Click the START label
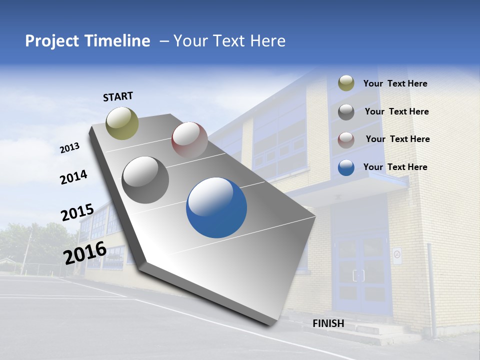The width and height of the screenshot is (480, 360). click(x=118, y=96)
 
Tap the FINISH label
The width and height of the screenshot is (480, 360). click(x=328, y=323)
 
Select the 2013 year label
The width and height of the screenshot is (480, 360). click(x=69, y=148)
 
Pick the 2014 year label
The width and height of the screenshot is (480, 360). click(x=73, y=177)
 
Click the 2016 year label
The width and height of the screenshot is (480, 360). click(x=85, y=252)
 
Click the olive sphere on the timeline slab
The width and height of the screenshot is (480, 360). click(x=122, y=123)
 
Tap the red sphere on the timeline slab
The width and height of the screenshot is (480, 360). click(x=189, y=140)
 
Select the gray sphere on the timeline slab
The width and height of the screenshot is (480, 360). click(x=145, y=180)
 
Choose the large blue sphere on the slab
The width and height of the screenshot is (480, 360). click(x=216, y=207)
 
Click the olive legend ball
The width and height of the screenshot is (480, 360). click(x=346, y=83)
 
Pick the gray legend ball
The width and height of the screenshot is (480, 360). click(x=346, y=112)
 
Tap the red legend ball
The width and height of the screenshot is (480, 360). click(x=346, y=139)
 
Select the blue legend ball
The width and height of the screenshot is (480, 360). click(x=346, y=167)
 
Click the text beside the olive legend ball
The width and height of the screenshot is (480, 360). click(x=395, y=84)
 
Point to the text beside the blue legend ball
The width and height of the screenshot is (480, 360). click(x=395, y=167)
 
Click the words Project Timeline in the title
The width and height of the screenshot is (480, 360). click(x=87, y=41)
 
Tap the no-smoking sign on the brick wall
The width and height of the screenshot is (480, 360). click(x=397, y=255)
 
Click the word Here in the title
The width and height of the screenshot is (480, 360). click(x=268, y=41)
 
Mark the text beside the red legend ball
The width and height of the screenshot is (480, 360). click(x=397, y=139)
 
